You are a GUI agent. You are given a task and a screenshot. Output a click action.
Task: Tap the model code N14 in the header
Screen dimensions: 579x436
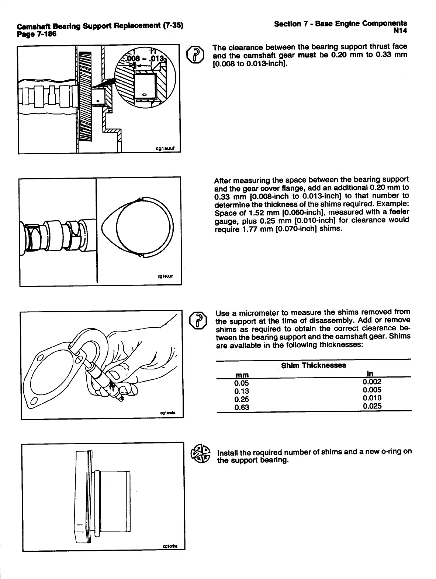tap(400, 31)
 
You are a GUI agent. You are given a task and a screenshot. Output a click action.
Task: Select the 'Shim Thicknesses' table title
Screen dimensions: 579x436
tap(313, 365)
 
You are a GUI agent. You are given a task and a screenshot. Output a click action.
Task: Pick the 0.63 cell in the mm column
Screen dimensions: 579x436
tap(242, 407)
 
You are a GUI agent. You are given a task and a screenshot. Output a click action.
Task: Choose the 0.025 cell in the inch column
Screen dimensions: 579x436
tap(372, 406)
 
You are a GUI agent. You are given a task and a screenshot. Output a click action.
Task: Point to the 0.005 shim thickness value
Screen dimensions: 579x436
tap(372, 390)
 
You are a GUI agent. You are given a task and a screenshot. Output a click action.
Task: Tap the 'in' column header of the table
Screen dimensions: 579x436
tap(370, 374)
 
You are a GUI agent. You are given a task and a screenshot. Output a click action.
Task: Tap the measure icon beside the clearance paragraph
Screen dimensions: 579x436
tap(195, 55)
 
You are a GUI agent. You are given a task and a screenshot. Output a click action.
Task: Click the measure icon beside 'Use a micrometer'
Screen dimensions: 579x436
tap(197, 320)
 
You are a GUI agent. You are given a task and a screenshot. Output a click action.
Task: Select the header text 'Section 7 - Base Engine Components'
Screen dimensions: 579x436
tap(340, 24)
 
